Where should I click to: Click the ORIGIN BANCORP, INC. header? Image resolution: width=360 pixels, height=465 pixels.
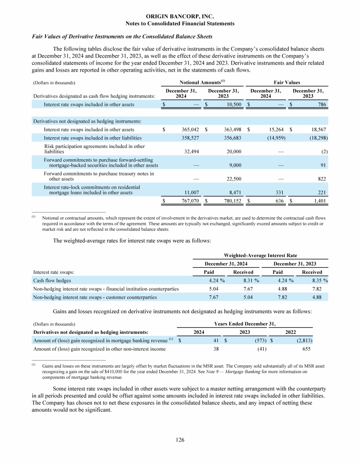click(180, 16)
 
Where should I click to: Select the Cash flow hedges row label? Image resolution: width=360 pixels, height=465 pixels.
click(52, 280)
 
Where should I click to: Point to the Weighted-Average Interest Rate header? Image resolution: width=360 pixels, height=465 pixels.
click(261, 255)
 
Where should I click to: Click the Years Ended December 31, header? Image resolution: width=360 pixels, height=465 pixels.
click(244, 324)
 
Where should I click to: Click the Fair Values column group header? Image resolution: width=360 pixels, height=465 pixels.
click(287, 82)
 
